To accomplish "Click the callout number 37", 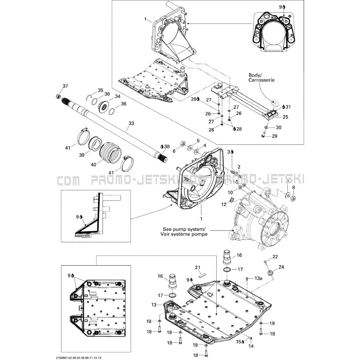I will pos(65,86).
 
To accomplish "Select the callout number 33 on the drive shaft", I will pos(131,123).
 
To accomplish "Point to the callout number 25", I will pos(285,117).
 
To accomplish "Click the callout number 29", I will pos(275,136).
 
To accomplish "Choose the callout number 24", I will pos(281,267).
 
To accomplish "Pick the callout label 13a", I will pos(258,279).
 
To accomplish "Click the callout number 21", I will pos(198,267).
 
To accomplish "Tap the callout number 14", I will pos(251,346).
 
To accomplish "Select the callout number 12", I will pos(224,204).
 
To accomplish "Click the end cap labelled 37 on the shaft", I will pos(58,96).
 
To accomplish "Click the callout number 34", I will pos(118,96).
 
